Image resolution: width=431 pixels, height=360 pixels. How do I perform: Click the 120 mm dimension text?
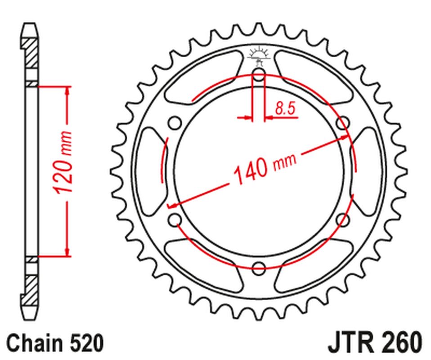(x=63, y=163)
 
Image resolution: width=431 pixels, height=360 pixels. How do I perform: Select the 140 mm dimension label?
(x=263, y=169)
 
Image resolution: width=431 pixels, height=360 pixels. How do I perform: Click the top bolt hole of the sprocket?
(x=259, y=74)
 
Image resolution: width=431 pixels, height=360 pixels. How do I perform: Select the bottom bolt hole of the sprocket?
(x=259, y=269)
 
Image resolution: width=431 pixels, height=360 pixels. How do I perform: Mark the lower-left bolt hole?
(x=174, y=220)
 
